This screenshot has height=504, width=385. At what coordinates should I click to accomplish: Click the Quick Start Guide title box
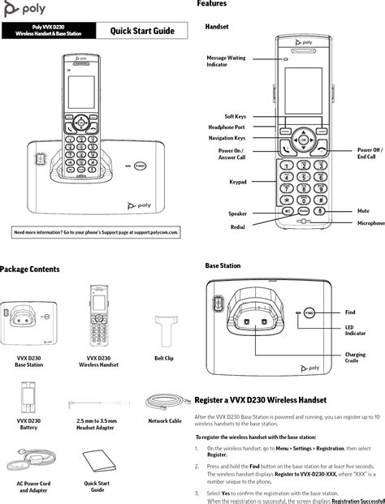click(x=143, y=31)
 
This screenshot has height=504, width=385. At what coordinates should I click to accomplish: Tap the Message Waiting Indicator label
click(x=226, y=61)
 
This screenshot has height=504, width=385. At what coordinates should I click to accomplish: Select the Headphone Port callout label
click(x=227, y=127)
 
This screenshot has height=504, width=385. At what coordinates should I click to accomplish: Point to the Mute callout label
click(x=363, y=210)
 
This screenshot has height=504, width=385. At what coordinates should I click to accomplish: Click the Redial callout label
click(x=237, y=227)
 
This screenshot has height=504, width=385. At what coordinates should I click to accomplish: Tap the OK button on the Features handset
click(x=303, y=140)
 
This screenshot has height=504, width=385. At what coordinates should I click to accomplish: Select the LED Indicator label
click(x=355, y=330)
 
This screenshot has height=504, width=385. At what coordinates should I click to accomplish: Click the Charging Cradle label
click(x=355, y=358)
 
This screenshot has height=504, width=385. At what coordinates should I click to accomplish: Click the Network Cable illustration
click(x=164, y=399)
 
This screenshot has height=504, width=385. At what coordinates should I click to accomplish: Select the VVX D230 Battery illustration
click(x=28, y=398)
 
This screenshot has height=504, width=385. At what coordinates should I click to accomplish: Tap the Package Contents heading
click(x=29, y=269)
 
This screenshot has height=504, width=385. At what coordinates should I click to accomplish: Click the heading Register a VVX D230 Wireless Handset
click(x=260, y=400)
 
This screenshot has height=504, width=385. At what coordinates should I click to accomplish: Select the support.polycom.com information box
click(x=97, y=232)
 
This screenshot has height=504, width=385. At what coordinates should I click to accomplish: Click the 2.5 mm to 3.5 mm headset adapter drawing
click(x=96, y=403)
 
